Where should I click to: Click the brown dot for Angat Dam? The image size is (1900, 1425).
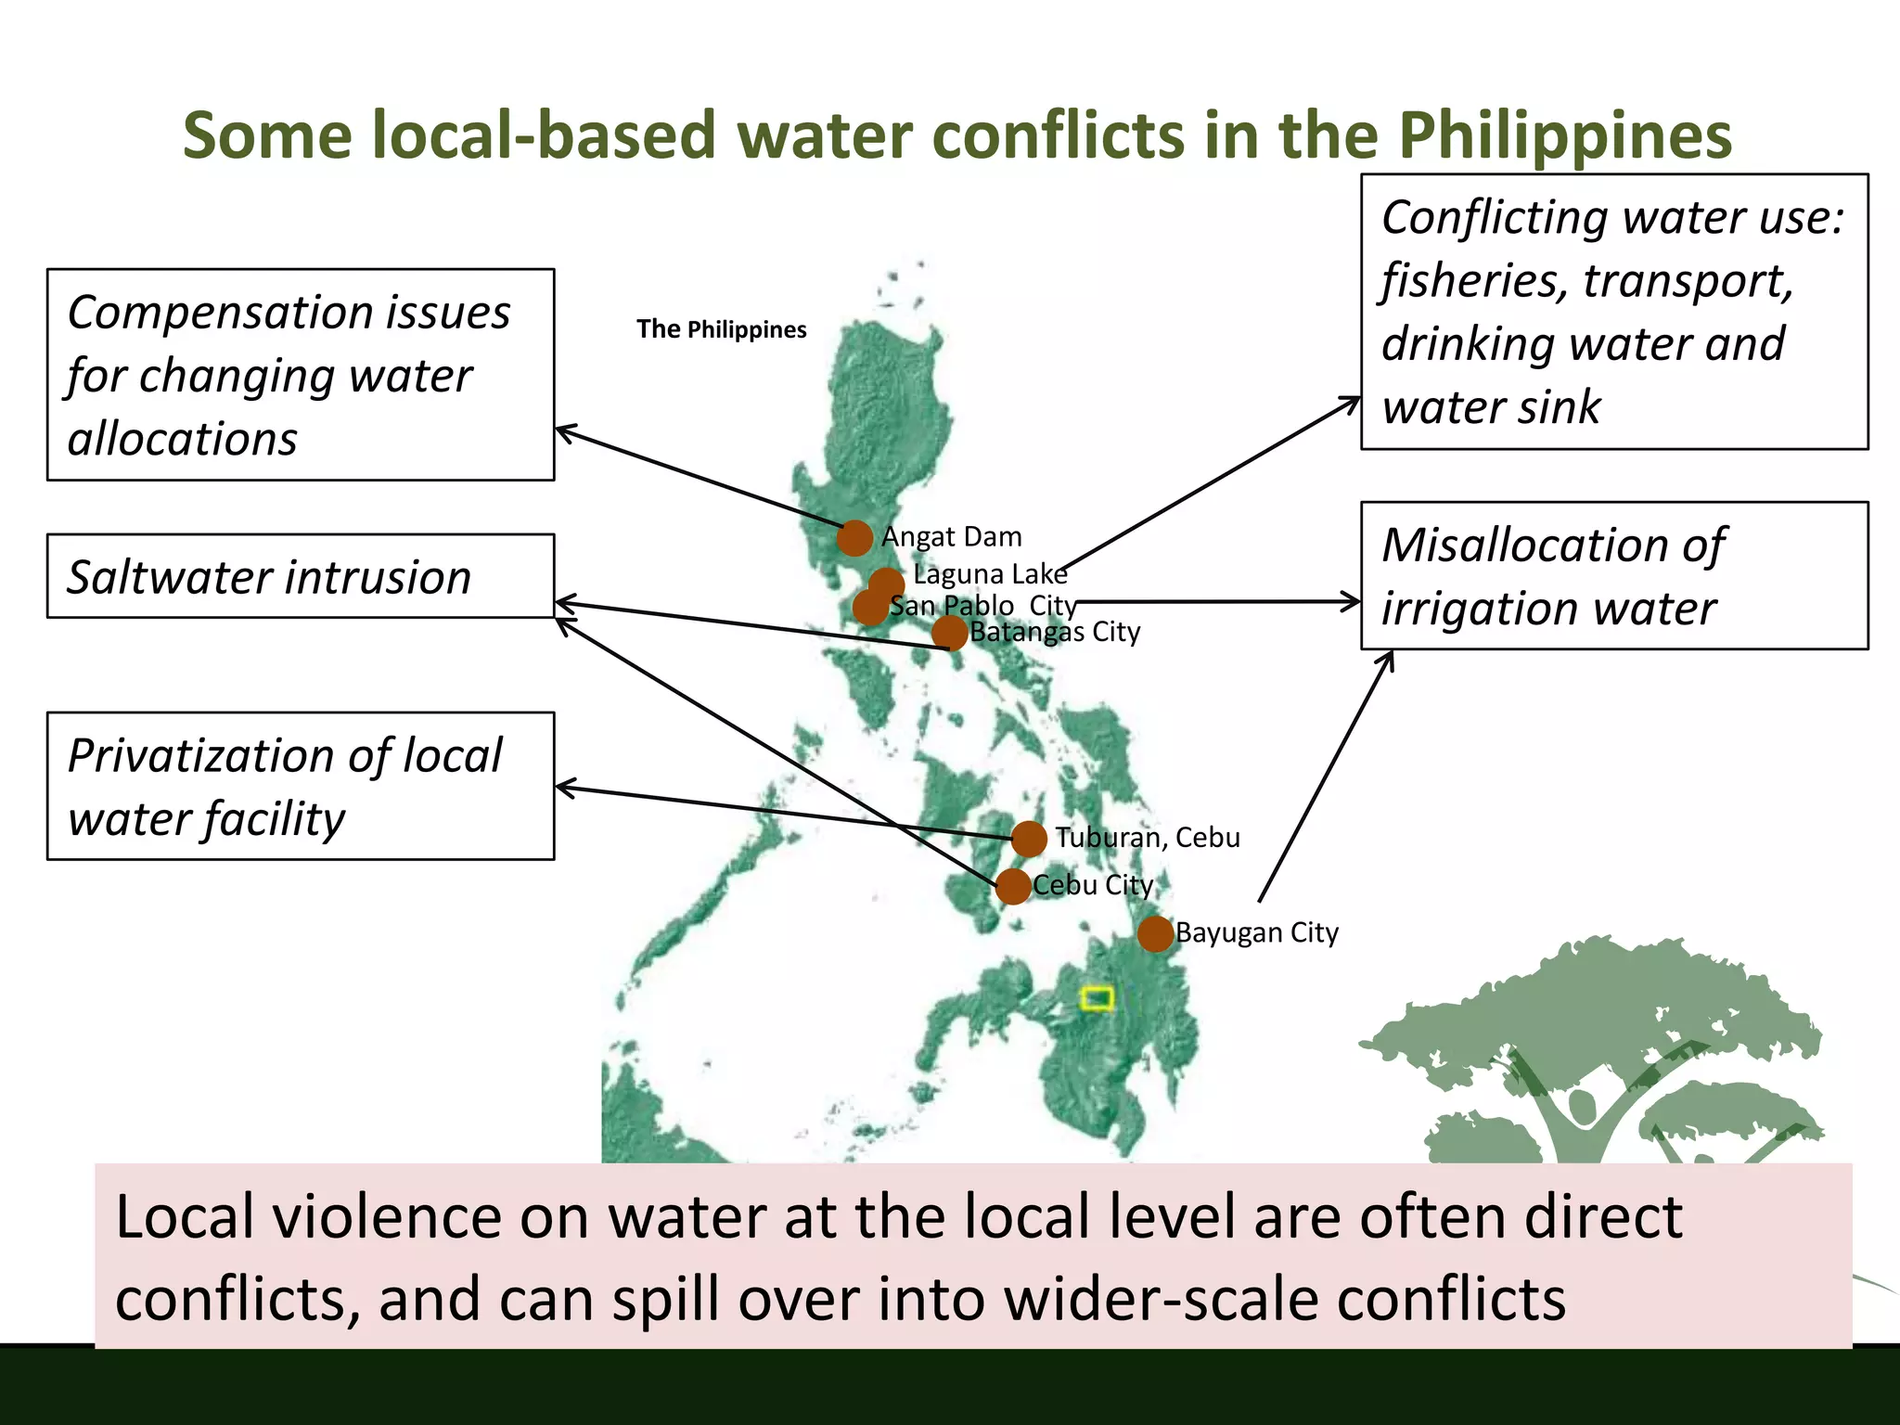(854, 537)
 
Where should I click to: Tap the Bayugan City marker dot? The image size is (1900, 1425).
(1155, 933)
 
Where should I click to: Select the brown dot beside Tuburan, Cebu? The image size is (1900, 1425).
(1029, 839)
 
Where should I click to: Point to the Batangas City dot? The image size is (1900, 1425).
(949, 634)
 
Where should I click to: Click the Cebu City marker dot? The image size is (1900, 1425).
(1013, 886)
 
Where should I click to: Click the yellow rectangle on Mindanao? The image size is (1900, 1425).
(1097, 998)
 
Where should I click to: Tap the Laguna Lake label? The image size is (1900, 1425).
(990, 574)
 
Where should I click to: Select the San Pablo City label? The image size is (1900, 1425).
(982, 606)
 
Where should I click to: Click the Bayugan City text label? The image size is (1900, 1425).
(1257, 932)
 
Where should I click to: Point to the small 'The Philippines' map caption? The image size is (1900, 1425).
(721, 329)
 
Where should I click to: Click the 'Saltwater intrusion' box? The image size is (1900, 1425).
(301, 576)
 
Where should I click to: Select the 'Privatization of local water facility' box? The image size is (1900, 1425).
(301, 786)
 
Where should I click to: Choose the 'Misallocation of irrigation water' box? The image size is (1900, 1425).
(1613, 575)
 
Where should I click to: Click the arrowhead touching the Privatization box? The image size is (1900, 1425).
(562, 789)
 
